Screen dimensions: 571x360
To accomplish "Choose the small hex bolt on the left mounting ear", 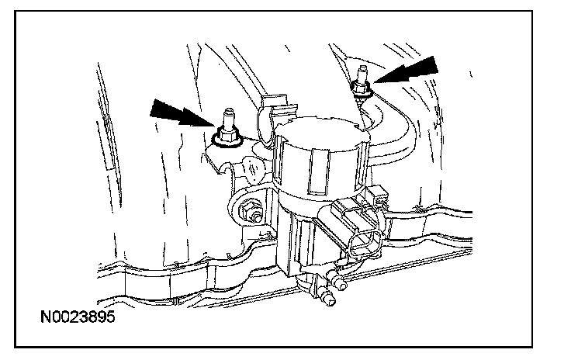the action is coord(250,209).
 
